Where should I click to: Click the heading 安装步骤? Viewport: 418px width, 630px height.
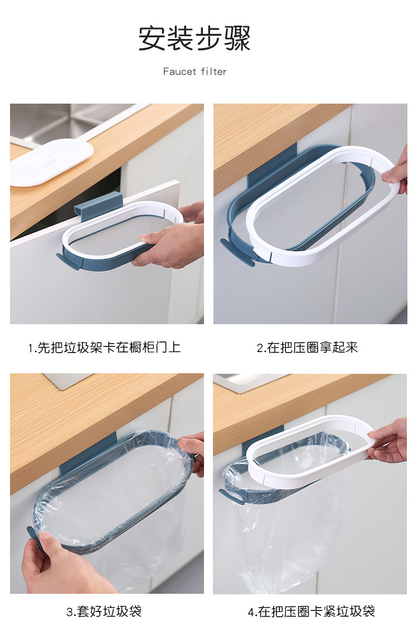pyautogui.click(x=195, y=38)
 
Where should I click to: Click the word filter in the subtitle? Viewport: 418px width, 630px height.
pyautogui.click(x=214, y=71)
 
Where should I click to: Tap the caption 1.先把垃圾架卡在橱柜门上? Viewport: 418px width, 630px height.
pyautogui.click(x=105, y=348)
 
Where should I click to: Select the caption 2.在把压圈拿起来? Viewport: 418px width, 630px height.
pyautogui.click(x=307, y=348)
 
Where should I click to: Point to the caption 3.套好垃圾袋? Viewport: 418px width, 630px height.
pyautogui.click(x=104, y=612)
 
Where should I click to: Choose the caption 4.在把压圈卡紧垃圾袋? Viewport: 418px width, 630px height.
pyautogui.click(x=312, y=612)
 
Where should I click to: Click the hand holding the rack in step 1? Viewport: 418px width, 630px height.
pyautogui.click(x=167, y=245)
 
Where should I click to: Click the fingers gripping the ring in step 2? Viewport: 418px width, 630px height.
pyautogui.click(x=397, y=170)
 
